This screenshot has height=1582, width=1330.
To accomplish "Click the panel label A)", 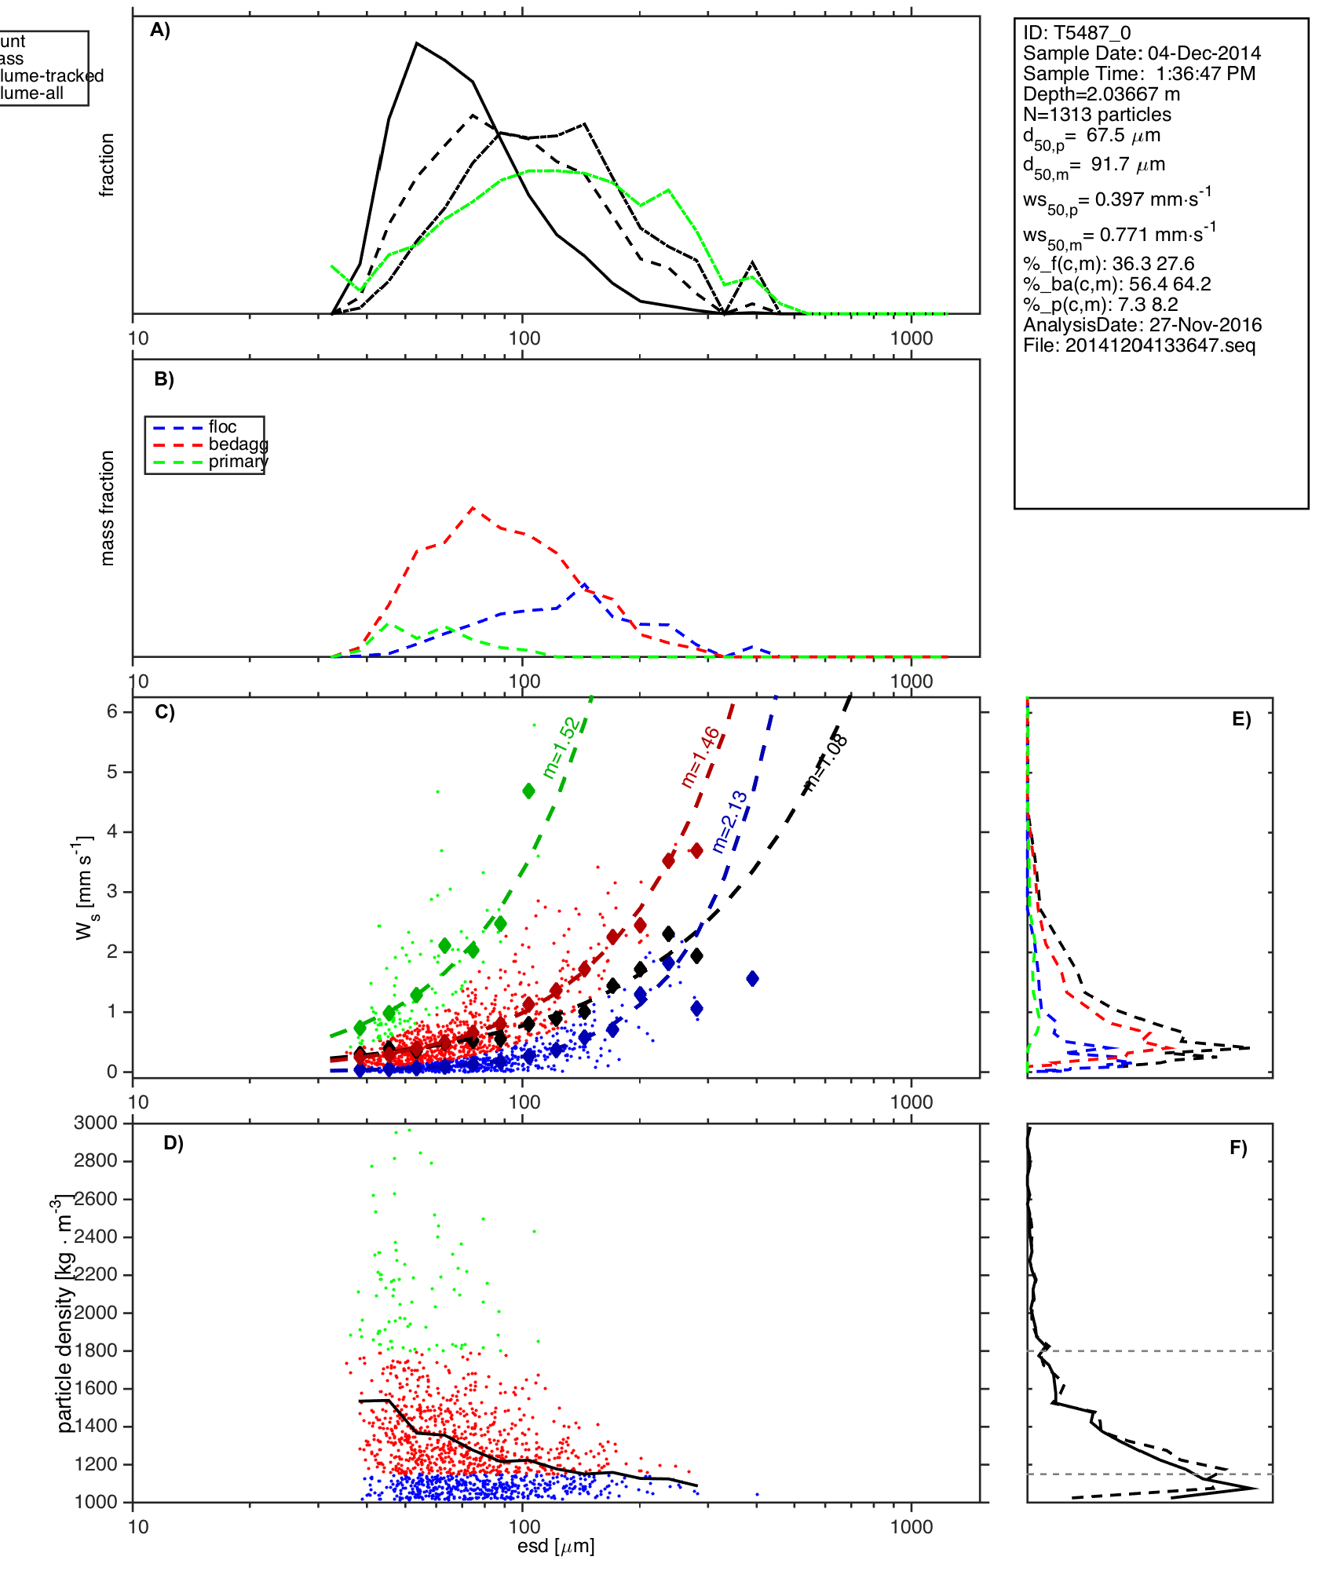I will click(x=160, y=31).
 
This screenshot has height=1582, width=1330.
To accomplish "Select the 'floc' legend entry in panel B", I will click(x=222, y=427).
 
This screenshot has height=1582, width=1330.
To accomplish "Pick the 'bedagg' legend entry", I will click(x=238, y=444).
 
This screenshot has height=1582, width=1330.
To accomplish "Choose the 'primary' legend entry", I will click(x=238, y=462).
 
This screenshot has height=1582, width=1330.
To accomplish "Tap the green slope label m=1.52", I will click(x=561, y=748).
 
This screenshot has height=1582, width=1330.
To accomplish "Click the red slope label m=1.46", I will click(x=699, y=758).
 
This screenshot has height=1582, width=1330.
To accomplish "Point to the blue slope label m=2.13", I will click(x=729, y=822).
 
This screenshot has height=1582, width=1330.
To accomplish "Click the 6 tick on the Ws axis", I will click(x=112, y=711).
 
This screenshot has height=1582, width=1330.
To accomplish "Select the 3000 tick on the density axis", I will click(x=96, y=1123).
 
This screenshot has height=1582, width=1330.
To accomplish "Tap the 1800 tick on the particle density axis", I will click(x=96, y=1350).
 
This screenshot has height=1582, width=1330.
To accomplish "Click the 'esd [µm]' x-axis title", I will click(x=556, y=1546).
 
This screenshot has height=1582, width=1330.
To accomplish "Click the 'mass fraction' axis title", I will click(x=108, y=508).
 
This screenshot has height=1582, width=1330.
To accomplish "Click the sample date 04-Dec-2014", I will click(x=1204, y=53).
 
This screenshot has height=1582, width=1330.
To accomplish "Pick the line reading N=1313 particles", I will click(x=1097, y=115).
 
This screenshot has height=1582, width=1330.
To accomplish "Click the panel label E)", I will click(x=1241, y=720).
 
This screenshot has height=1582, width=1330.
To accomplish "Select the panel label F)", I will click(x=1238, y=1149).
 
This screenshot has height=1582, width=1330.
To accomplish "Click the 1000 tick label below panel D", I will click(x=912, y=1526).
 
